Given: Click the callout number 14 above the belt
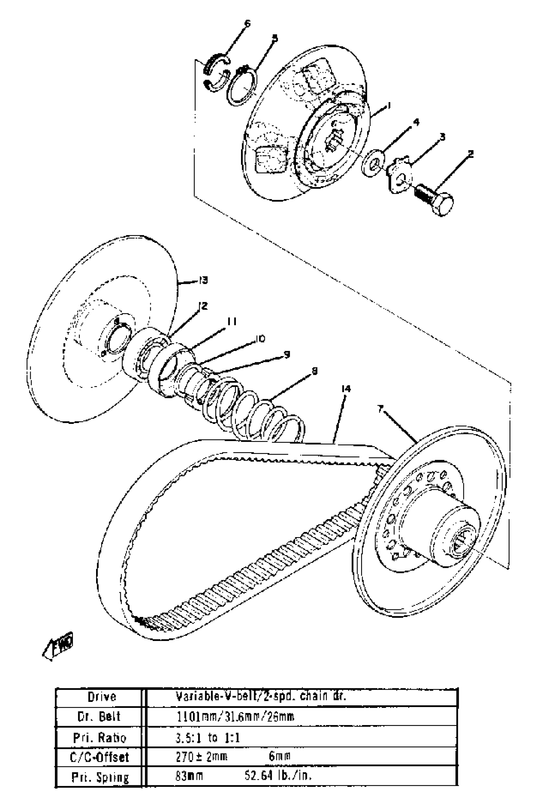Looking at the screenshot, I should pos(346,389).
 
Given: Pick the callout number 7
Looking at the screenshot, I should pos(380,409).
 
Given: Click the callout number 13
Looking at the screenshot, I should pos(204,281).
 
